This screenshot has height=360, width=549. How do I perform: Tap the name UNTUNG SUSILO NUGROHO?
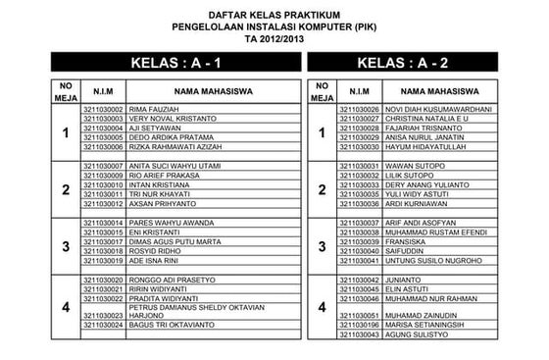(427, 260)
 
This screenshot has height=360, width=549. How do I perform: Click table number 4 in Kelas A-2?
(322, 308)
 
